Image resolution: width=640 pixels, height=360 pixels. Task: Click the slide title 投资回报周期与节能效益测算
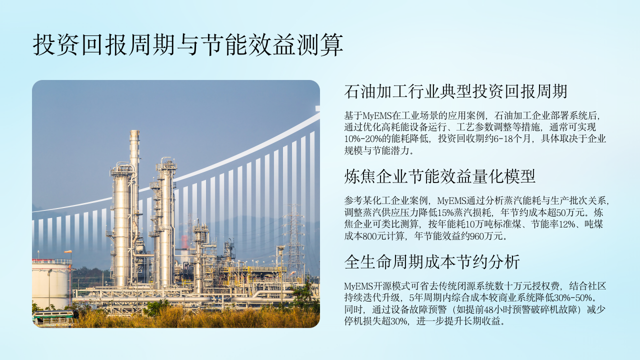tap(188, 45)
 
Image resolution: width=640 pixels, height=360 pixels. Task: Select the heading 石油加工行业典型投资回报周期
tap(455, 91)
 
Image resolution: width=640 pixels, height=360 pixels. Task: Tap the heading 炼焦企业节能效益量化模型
tap(439, 176)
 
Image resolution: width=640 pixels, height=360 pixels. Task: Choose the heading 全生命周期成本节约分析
tap(431, 261)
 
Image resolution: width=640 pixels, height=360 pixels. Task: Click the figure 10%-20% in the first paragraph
tap(363, 138)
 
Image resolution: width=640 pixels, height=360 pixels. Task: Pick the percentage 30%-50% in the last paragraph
tap(573, 297)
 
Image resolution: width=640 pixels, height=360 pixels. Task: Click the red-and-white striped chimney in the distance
tap(184, 241)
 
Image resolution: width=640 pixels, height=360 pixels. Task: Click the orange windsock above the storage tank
tap(68, 251)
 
